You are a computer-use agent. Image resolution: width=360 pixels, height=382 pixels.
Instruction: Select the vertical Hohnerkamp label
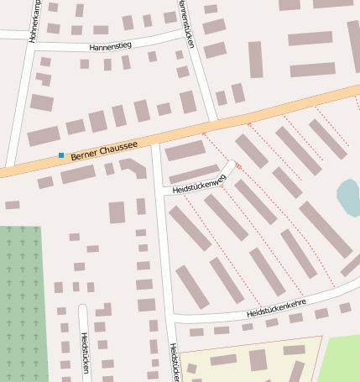coord(34,22)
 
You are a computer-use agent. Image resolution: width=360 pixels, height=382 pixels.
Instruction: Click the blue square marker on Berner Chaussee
coord(60,155)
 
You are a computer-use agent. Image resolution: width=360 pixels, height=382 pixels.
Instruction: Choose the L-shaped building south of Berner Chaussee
coord(133,168)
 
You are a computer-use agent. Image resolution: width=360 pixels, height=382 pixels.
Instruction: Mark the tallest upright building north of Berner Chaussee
coord(255,60)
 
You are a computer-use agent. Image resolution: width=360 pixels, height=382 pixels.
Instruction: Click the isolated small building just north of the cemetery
coord(12,205)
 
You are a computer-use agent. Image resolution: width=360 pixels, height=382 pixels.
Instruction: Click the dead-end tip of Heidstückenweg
coord(231,165)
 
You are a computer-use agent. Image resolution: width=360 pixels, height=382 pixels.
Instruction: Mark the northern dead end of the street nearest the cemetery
coord(82,308)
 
